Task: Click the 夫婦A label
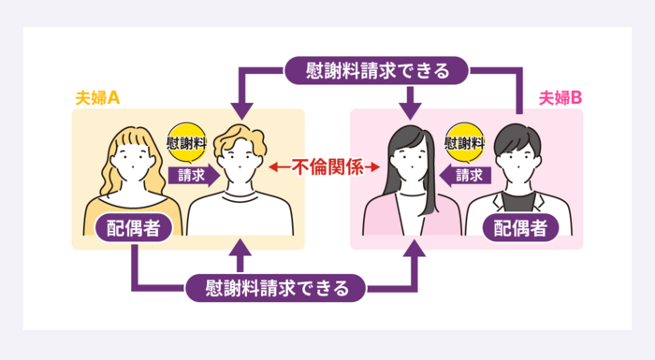(96, 97)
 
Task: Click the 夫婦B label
(561, 97)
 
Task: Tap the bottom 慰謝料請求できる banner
(274, 287)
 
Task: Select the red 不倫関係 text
(325, 167)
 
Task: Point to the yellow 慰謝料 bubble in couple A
(185, 144)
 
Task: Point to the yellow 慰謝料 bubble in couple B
(465, 144)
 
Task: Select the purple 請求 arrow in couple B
(463, 174)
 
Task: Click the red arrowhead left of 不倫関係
(270, 168)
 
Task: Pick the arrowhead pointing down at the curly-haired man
(239, 103)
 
